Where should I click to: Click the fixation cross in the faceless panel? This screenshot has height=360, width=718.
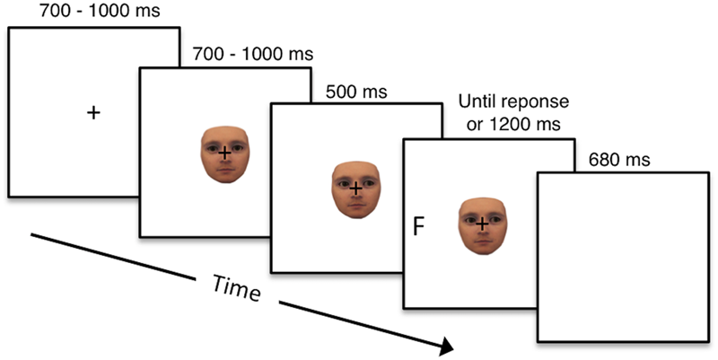click(x=92, y=112)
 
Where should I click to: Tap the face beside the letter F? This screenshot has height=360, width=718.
click(x=484, y=224)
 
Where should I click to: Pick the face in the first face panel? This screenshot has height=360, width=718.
click(x=224, y=154)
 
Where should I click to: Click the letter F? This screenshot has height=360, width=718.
click(x=418, y=226)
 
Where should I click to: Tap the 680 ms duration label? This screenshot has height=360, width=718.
click(x=618, y=162)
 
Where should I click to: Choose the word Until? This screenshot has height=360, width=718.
click(x=477, y=101)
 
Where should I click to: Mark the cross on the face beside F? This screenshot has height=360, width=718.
click(x=483, y=222)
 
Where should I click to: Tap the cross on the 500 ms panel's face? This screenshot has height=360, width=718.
click(x=356, y=189)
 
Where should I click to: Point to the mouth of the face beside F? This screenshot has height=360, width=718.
click(x=483, y=240)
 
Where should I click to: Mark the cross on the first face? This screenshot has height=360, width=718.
click(x=224, y=154)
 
